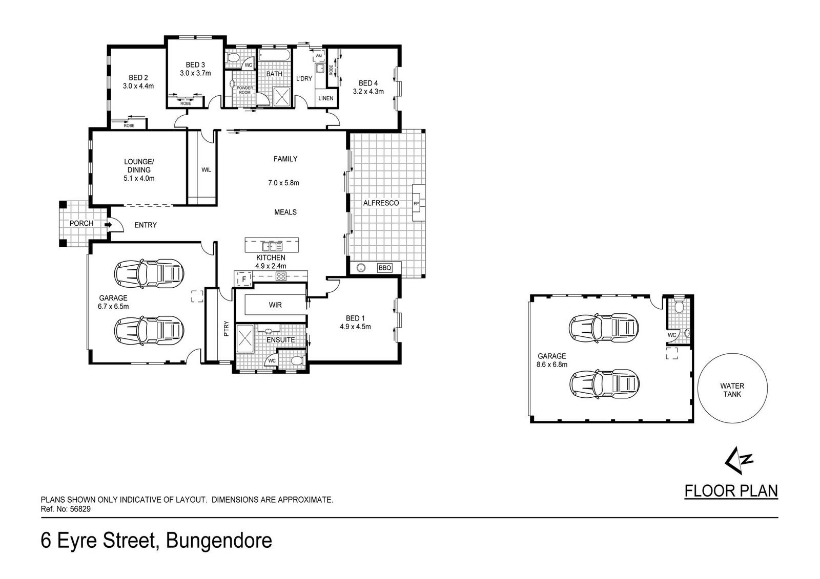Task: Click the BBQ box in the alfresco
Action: point(385,268)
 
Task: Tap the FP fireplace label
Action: point(416,203)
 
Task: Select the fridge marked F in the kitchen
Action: point(243,280)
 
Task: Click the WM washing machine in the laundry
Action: point(318,56)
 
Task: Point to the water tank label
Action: point(732,390)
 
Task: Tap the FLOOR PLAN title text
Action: point(731,490)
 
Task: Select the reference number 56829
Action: point(80,509)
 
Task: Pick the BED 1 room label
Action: point(355,318)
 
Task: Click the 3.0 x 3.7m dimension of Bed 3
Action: point(195,73)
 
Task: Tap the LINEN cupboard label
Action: point(326,98)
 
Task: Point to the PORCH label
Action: point(81,223)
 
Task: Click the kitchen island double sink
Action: point(272,246)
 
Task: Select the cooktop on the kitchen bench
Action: point(281,276)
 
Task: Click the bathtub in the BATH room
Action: point(275,56)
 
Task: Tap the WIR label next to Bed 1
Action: point(275,305)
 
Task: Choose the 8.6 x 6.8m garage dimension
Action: point(552,364)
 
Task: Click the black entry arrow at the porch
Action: point(108,225)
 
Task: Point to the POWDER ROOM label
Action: point(244,90)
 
